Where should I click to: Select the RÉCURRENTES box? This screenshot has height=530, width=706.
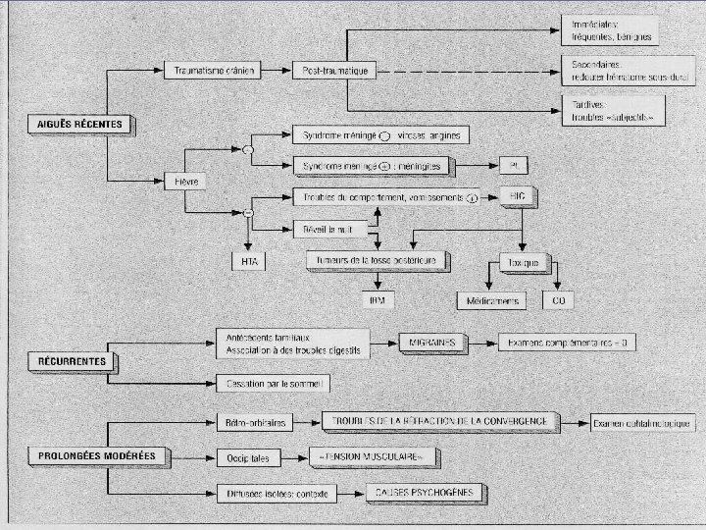[73, 361]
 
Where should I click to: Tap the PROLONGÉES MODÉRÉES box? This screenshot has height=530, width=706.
[97, 456]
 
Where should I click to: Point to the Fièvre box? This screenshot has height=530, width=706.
[186, 182]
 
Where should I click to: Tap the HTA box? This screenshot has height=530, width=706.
[249, 261]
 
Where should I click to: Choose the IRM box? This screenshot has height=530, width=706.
[376, 298]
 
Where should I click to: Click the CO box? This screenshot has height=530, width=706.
[560, 298]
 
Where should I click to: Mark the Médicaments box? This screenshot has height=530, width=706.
[489, 298]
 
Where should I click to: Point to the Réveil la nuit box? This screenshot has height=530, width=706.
[329, 230]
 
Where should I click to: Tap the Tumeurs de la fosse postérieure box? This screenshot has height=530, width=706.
[378, 260]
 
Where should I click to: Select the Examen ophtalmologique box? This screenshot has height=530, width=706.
[643, 423]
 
